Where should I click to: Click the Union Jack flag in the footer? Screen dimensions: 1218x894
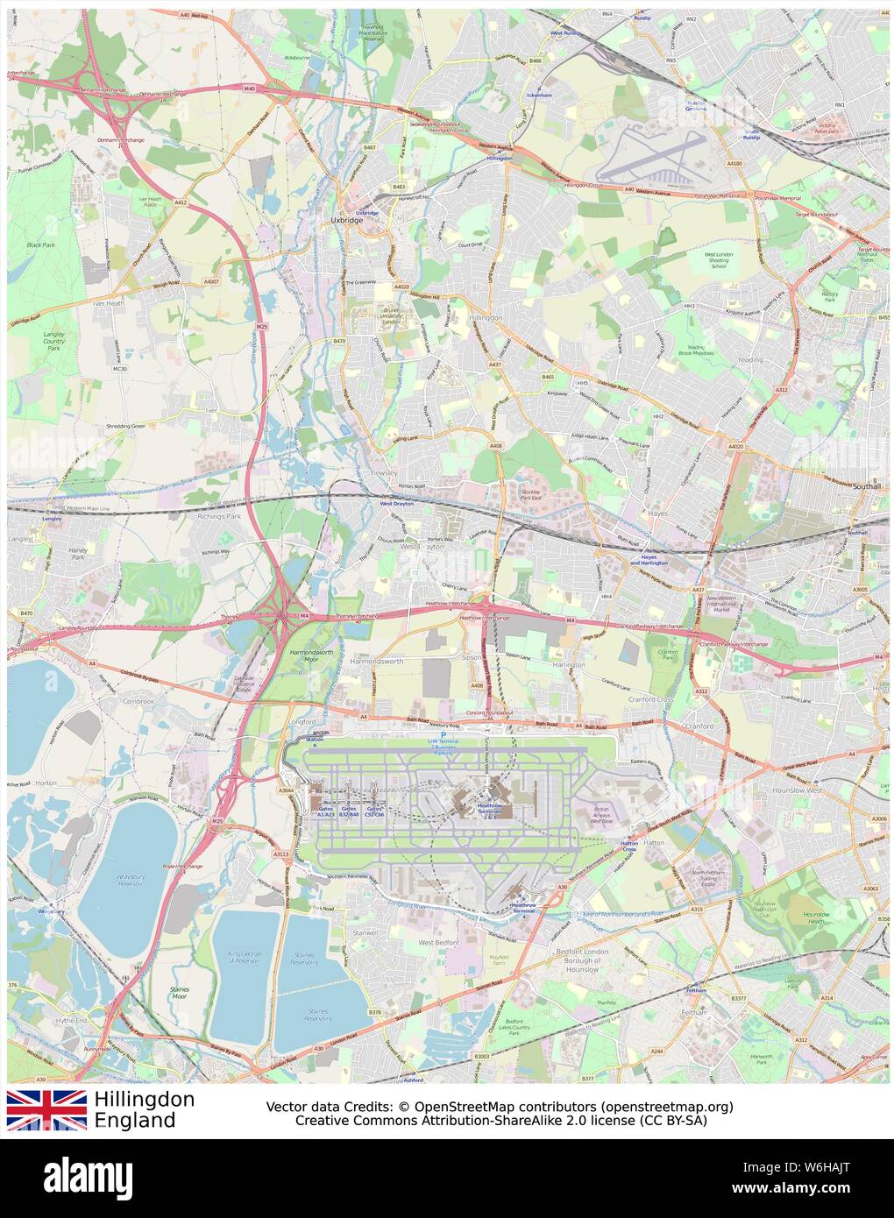(x=46, y=1109)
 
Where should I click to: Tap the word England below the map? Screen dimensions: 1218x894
(x=135, y=1121)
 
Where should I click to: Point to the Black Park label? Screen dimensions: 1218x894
(x=39, y=244)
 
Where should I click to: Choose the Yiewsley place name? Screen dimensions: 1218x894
(x=385, y=472)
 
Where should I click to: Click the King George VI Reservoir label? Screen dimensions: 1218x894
(x=245, y=956)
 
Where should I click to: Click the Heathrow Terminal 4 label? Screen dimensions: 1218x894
(x=523, y=908)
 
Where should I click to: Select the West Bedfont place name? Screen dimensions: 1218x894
(x=438, y=943)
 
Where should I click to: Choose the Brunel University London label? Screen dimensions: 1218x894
(x=391, y=316)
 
